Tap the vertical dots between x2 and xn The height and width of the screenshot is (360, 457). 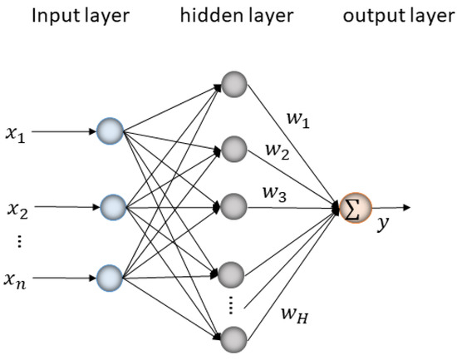click(x=18, y=243)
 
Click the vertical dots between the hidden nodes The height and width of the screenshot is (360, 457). click(x=233, y=305)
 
